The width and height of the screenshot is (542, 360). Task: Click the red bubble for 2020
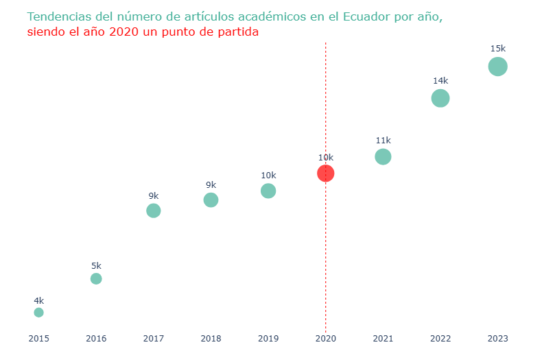click(325, 173)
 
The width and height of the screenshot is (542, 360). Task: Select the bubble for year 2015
click(38, 313)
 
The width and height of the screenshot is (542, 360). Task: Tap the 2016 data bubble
click(96, 278)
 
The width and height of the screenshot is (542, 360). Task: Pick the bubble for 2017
click(154, 211)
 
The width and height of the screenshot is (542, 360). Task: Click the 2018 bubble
click(211, 200)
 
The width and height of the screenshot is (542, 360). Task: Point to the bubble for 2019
click(268, 191)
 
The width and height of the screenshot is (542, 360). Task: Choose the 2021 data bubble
click(383, 156)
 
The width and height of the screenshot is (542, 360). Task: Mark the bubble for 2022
click(440, 98)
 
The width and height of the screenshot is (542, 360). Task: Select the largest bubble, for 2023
click(497, 67)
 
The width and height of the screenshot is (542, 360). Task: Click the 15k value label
click(497, 49)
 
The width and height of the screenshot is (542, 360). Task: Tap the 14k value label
click(440, 80)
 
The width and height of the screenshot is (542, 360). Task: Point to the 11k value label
click(383, 141)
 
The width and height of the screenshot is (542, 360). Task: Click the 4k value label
click(38, 300)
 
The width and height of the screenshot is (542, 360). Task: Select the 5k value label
click(96, 265)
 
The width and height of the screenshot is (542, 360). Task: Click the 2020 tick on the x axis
click(325, 338)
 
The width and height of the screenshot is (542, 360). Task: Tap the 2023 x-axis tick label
click(497, 338)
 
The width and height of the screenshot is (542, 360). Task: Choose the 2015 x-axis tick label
click(38, 338)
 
